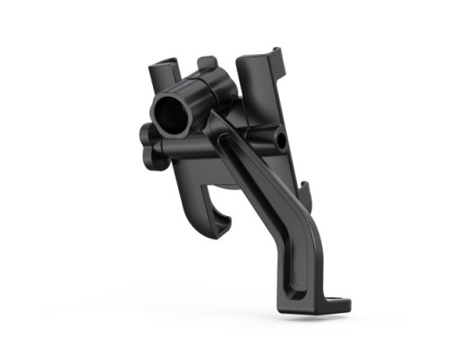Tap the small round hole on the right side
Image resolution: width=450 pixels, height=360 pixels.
[282, 141]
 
